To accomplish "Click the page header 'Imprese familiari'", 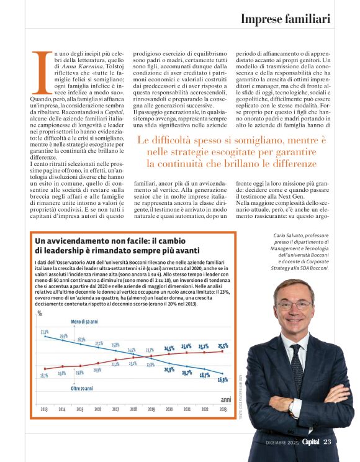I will (285, 19).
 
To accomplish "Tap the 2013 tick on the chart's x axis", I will (44, 410).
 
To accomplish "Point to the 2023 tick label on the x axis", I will (223, 410).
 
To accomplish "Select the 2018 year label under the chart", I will (133, 410).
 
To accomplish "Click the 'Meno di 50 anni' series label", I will (84, 322).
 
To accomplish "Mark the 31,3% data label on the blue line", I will (45, 332).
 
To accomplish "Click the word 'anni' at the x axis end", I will (225, 399).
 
